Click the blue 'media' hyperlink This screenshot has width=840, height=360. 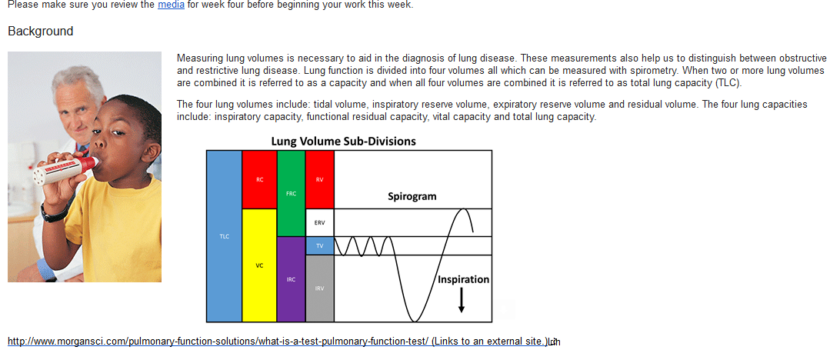[x=171, y=5]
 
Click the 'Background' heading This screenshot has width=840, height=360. [x=41, y=31]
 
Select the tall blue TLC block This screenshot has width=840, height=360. [x=225, y=236]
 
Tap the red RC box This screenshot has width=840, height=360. [x=260, y=179]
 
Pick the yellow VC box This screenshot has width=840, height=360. [x=260, y=265]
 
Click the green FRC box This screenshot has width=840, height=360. [x=292, y=193]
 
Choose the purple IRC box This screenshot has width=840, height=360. [x=292, y=279]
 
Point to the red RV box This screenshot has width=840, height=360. [x=320, y=179]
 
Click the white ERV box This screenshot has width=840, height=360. [x=320, y=222]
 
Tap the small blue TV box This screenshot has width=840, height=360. [x=320, y=245]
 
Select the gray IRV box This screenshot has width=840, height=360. [x=320, y=288]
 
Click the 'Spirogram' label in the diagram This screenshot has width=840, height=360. [x=412, y=197]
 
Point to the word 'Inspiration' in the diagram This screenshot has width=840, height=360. [x=464, y=279]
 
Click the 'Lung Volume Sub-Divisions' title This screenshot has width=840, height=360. [x=343, y=142]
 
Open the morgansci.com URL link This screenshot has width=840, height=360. [x=218, y=342]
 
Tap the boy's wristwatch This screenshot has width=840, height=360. [x=53, y=214]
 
